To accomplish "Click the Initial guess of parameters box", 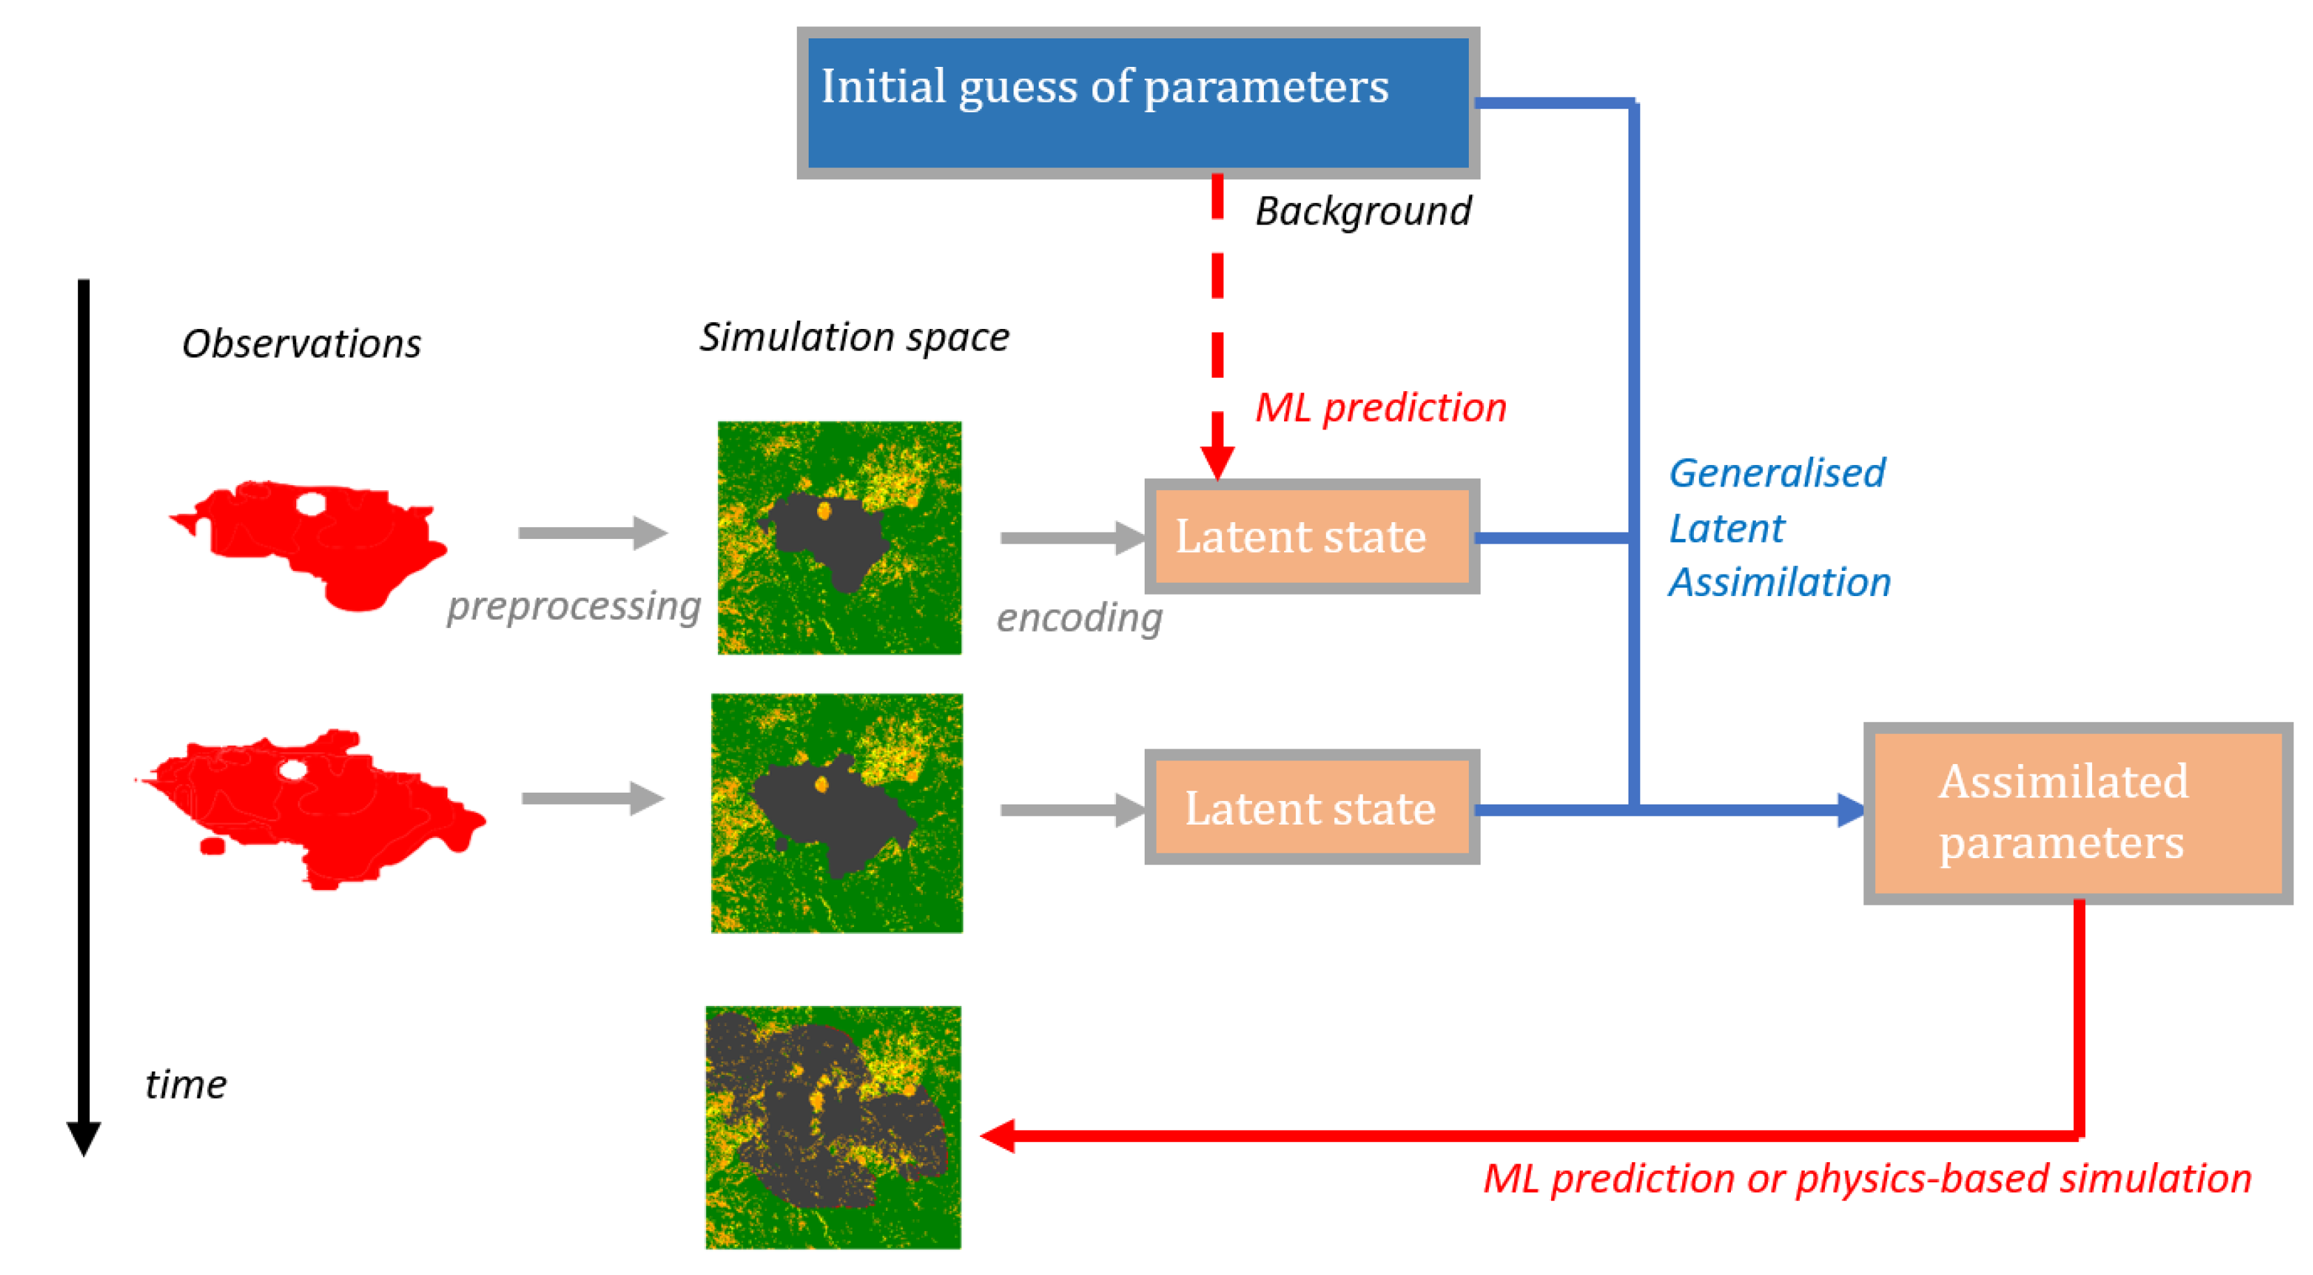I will [x=1138, y=102].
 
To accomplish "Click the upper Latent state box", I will [x=1312, y=536].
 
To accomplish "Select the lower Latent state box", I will [x=1312, y=807].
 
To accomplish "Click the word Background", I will [x=1362, y=212].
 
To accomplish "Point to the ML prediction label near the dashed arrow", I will [x=1380, y=409].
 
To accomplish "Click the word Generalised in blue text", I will [x=1776, y=473].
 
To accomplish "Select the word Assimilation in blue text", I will [x=1780, y=583].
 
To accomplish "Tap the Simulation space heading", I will [x=854, y=337].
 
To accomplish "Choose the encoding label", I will [x=1078, y=618].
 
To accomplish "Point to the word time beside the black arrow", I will [x=186, y=1085].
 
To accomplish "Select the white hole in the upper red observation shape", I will [x=311, y=504].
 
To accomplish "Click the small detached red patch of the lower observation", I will [x=213, y=846].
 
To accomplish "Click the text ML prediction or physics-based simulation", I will [x=1867, y=1179].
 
